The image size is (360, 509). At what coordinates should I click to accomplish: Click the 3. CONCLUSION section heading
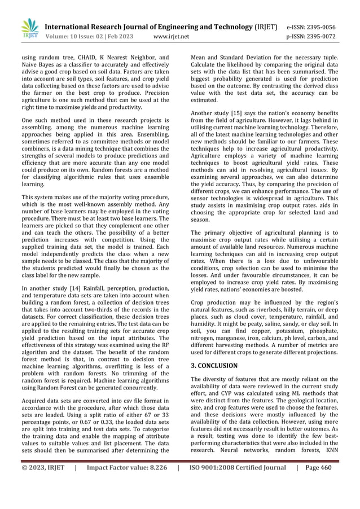click(x=214, y=366)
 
